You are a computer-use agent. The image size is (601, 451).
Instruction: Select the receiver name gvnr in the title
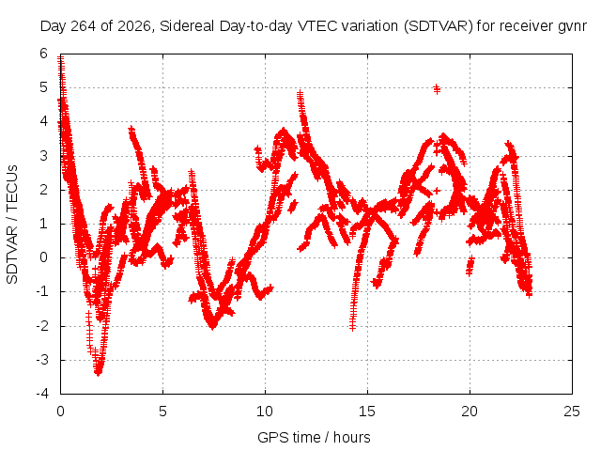click(573, 27)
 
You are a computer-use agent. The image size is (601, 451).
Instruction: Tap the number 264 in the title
click(84, 26)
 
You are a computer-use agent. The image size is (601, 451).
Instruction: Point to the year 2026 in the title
click(134, 26)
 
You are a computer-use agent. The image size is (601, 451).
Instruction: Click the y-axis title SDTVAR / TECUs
click(12, 225)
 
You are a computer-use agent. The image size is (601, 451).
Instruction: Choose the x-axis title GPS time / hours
click(314, 437)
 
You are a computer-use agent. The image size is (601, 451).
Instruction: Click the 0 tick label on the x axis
click(60, 412)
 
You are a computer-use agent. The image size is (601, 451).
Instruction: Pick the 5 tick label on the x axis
click(162, 412)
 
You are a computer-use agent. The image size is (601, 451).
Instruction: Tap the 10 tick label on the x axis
click(265, 412)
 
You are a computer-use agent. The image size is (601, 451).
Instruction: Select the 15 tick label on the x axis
click(367, 412)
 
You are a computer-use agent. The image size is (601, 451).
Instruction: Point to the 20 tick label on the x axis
click(470, 412)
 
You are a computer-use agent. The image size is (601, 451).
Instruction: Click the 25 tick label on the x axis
click(572, 412)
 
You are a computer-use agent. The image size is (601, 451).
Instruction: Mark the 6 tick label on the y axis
click(44, 54)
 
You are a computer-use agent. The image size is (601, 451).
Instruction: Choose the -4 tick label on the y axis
click(42, 394)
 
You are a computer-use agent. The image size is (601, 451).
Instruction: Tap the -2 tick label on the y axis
click(42, 326)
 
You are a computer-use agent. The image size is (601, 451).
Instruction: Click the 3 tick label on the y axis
click(44, 156)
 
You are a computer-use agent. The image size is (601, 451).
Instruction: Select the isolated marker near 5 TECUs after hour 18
click(437, 89)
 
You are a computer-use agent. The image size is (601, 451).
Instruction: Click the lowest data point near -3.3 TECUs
click(98, 371)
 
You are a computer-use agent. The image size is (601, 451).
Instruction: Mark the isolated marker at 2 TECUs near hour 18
click(436, 190)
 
